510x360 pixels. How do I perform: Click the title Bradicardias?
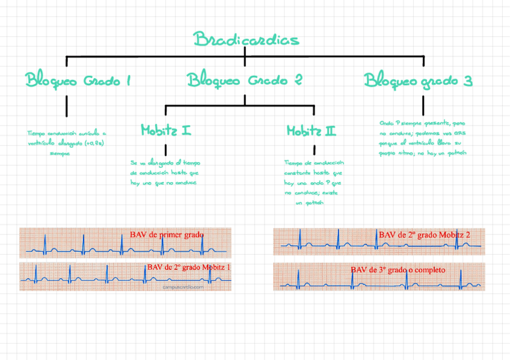(246, 40)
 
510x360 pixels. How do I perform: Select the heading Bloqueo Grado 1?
(78, 80)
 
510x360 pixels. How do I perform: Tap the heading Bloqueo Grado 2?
(244, 80)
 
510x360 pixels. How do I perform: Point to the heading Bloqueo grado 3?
(418, 80)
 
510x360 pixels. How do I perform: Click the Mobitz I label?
(166, 129)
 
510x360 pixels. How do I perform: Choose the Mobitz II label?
(311, 130)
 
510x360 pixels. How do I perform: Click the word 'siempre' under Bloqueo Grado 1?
(60, 153)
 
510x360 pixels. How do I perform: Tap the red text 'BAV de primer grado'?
(167, 234)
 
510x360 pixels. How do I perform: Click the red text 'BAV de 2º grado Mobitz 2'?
(425, 234)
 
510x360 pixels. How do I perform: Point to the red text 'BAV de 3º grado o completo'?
(398, 270)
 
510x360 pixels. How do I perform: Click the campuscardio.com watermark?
(183, 287)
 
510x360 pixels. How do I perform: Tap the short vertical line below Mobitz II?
(314, 150)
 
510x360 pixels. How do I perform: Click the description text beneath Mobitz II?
(313, 183)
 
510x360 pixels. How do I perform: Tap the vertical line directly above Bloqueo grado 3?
(423, 61)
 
